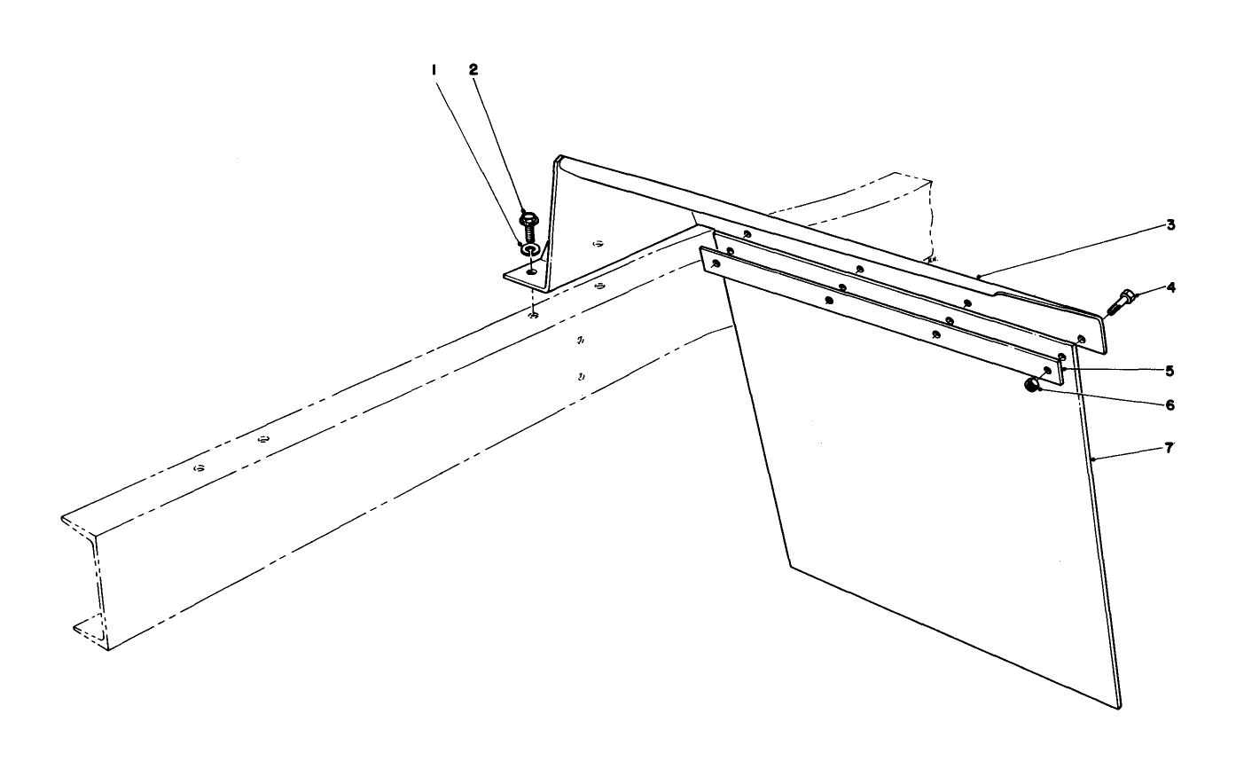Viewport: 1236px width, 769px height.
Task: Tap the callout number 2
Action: (x=473, y=68)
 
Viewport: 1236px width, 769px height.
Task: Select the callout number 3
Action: (x=1170, y=225)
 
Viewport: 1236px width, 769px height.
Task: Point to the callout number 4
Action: (x=1170, y=287)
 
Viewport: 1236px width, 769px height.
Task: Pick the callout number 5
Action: (x=1170, y=370)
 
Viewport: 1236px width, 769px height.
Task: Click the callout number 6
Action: (x=1170, y=404)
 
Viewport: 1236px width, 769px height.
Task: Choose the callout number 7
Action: (x=1170, y=448)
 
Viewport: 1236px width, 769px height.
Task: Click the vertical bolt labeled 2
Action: (x=530, y=227)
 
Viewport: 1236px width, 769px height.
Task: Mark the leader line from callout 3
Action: (x=1073, y=251)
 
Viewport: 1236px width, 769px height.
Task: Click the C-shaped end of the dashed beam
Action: (x=84, y=577)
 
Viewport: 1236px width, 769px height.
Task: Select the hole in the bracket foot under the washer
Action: (x=531, y=271)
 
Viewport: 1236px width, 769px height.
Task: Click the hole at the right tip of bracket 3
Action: (x=1081, y=338)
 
